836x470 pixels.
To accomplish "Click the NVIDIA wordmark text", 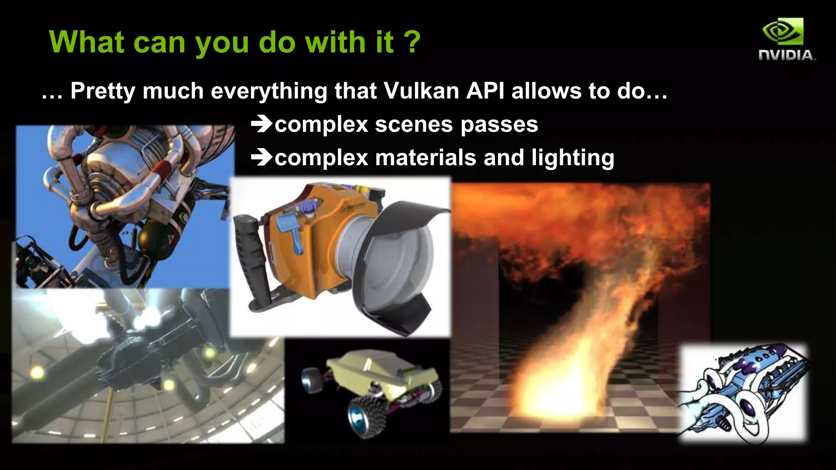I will tap(786, 55).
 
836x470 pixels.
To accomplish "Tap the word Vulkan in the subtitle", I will tap(421, 91).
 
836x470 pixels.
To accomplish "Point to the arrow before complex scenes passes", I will tap(261, 124).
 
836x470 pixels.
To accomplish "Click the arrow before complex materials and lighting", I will tap(261, 157).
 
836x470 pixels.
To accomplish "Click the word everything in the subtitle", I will tap(269, 91).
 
